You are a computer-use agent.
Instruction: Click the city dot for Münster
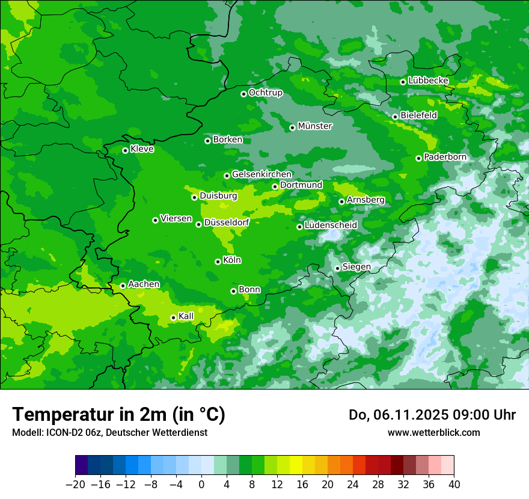pos(292,127)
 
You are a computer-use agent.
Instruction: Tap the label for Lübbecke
pos(428,81)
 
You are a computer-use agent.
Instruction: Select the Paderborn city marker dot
pos(418,158)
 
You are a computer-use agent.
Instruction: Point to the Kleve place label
pos(142,149)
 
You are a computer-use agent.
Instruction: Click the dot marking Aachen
pos(123,286)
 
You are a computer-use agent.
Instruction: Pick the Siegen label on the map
pos(356,267)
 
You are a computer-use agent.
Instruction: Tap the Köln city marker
pos(218,262)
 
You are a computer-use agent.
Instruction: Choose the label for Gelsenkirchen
pos(261,174)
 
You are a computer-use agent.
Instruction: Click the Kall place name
pos(186,316)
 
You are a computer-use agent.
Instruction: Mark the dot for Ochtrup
pos(243,94)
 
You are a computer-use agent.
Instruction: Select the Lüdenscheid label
pos(331,225)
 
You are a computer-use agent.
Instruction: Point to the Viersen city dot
pos(155,220)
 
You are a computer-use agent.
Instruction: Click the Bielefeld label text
pos(418,115)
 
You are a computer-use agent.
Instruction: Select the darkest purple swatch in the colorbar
pos(82,465)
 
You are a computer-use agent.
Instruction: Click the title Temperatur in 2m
pos(118,415)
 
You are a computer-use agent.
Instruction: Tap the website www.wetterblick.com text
pos(433,432)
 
